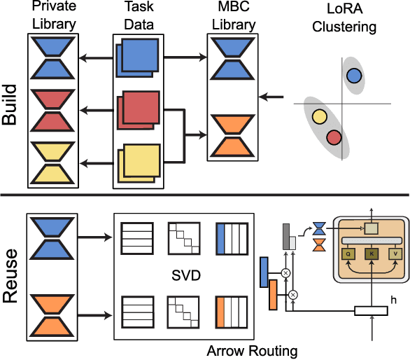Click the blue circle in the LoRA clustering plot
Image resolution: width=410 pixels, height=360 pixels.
coord(354,76)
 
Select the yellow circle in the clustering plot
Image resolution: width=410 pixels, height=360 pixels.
coord(320,117)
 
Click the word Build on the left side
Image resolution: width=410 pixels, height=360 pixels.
coord(10,106)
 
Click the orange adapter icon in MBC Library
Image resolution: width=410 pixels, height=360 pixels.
coord(234,134)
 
